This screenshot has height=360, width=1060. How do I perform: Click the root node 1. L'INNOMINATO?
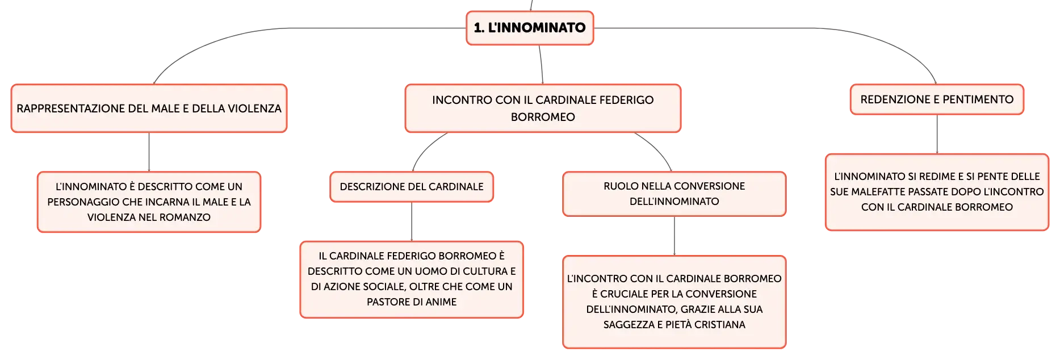coord(530,28)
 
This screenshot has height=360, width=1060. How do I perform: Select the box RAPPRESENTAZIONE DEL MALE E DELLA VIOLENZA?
coord(149,108)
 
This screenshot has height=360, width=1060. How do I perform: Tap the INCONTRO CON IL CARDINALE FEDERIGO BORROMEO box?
coord(543,108)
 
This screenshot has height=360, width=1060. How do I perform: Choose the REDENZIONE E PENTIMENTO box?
coord(937,99)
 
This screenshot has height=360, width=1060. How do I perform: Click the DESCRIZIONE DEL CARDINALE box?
coord(412,187)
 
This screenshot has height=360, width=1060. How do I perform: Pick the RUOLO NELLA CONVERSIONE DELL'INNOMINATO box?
coord(674,194)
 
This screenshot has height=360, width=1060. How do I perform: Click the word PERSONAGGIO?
coord(82,202)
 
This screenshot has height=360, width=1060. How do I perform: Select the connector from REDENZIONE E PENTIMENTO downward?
coord(937,134)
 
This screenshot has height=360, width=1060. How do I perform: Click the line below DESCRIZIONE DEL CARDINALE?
coord(412,221)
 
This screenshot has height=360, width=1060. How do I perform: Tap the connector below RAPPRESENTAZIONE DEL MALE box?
coord(149,152)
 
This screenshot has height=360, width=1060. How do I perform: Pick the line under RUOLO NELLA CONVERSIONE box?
coord(674,236)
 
